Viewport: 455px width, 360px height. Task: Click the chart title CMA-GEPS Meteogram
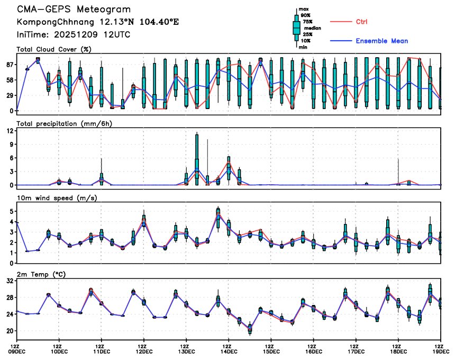coord(74,10)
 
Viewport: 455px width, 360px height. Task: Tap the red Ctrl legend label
coord(361,22)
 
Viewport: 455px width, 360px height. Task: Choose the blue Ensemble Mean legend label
coord(381,41)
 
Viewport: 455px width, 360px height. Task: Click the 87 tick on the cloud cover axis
coord(10,65)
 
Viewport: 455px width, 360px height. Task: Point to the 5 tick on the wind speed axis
coord(11,211)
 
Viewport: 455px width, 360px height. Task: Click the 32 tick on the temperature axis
coord(10,282)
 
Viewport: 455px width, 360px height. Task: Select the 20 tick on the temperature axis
coord(10,331)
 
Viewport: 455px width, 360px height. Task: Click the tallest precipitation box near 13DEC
coord(197,159)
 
